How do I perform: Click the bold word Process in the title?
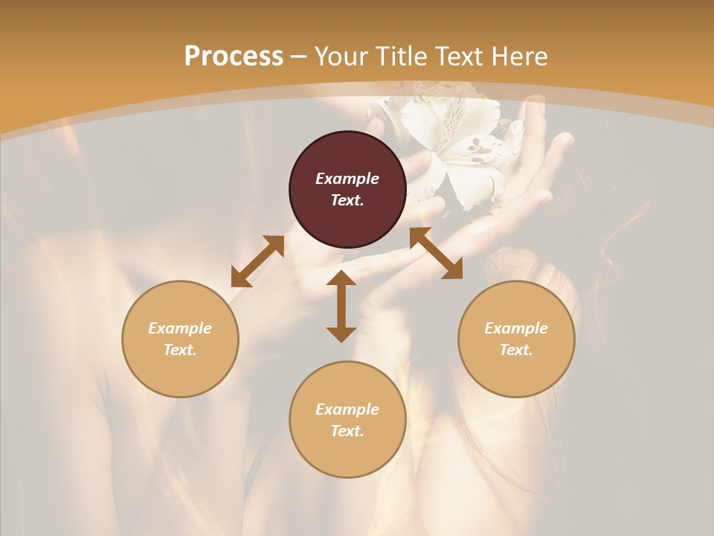(x=234, y=57)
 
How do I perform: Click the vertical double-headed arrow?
(x=341, y=306)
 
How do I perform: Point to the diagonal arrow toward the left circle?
(x=257, y=261)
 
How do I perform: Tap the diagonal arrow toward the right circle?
(x=436, y=253)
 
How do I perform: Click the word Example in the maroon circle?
(x=347, y=179)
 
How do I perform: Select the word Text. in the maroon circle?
(x=347, y=200)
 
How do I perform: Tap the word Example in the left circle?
(x=180, y=328)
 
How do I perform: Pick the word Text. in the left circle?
(x=180, y=350)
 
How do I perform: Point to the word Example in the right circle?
(x=516, y=328)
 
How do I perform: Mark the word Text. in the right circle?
(x=516, y=350)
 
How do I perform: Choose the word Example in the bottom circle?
(x=347, y=409)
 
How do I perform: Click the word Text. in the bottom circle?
(x=347, y=431)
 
